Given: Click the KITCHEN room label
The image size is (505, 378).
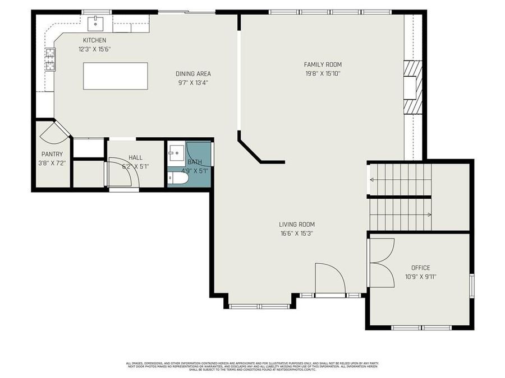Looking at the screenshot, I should (94, 40).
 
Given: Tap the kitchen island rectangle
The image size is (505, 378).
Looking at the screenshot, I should (116, 76).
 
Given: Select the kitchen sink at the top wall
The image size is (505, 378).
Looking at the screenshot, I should (96, 23).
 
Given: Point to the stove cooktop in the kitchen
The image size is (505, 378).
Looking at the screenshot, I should (50, 59).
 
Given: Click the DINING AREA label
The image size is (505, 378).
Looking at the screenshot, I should (193, 73).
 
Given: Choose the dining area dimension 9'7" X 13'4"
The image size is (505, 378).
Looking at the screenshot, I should (193, 82).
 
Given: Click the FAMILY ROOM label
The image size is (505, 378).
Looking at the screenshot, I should (323, 64).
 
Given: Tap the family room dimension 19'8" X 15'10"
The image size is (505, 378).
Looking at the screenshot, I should (323, 73).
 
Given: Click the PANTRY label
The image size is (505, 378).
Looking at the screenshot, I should (52, 154).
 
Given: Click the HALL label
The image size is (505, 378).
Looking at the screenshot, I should (135, 158).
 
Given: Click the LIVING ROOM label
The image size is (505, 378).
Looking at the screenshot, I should (296, 225).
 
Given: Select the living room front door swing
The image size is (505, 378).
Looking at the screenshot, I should (329, 278).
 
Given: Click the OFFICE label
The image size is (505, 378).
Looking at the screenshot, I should (420, 268).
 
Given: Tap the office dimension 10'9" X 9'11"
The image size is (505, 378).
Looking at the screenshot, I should (420, 276).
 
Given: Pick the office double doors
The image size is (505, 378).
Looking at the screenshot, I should (382, 262).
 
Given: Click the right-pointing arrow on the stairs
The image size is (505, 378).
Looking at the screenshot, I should (429, 214).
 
